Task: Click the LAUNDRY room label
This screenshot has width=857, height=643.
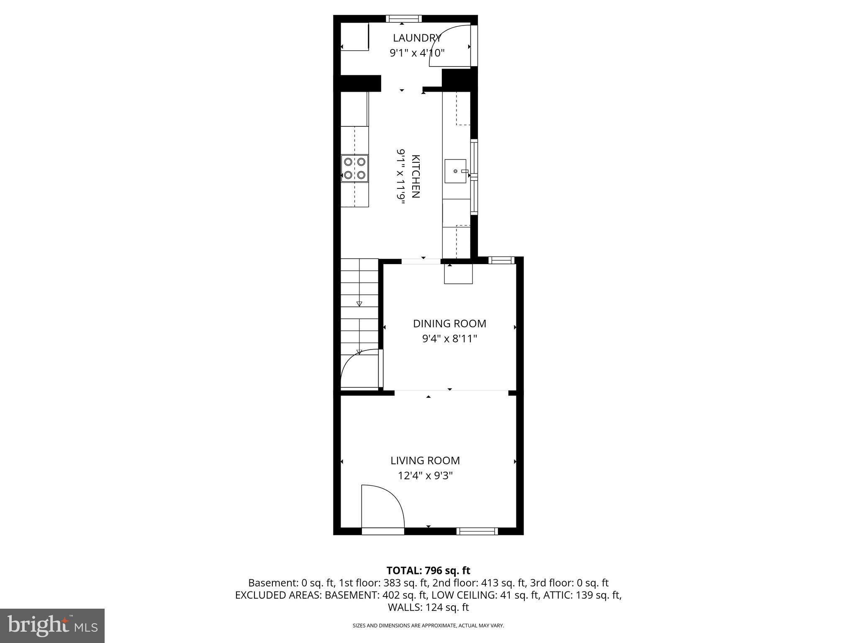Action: pos(417,38)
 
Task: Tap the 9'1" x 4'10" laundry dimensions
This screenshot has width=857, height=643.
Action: pos(417,53)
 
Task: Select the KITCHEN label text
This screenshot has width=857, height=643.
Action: pos(416,176)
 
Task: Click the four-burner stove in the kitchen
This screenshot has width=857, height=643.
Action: pos(354,168)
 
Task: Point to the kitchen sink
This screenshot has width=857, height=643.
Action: pos(455,171)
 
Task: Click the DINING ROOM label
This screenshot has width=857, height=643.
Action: pos(449,324)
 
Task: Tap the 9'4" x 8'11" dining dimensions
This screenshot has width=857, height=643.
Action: pos(449,339)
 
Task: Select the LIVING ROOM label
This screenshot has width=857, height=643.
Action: pos(425,460)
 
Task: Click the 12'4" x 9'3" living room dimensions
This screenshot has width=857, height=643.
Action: pos(425,476)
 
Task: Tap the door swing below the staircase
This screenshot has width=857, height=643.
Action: pos(359,370)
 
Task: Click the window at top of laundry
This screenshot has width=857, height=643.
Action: pos(403,18)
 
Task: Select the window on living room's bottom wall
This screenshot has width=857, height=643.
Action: pos(477,531)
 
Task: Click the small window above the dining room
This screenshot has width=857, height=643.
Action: pos(501,260)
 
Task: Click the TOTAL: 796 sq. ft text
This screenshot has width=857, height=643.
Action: pos(428,571)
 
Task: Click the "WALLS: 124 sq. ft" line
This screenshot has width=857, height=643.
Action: pos(428,607)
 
